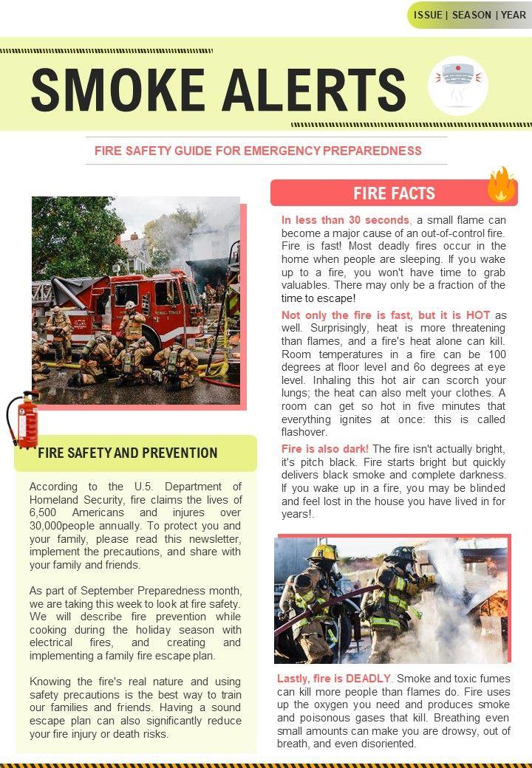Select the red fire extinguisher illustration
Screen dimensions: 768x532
[21, 419]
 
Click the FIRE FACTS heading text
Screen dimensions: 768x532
[394, 193]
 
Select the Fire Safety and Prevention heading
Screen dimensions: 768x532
[127, 453]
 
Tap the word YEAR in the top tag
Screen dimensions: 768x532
[513, 15]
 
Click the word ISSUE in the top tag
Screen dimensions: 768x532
[429, 15]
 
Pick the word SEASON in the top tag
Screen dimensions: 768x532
[471, 15]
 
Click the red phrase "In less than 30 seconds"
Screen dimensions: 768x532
[345, 220]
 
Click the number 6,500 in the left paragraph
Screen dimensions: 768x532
[44, 512]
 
